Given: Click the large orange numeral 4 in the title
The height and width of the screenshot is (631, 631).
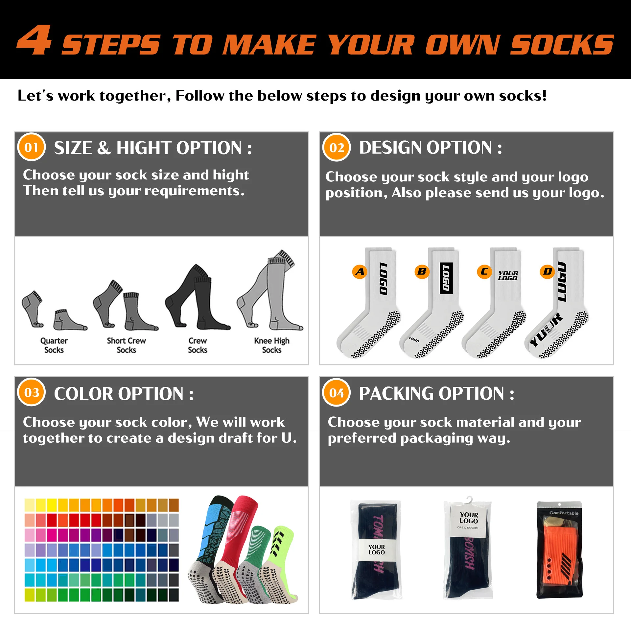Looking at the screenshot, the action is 35,40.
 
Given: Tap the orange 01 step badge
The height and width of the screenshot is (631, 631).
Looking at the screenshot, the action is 32,147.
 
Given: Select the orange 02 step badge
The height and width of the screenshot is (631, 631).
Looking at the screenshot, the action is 337,148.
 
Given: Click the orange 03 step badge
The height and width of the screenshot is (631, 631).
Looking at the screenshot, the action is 32,392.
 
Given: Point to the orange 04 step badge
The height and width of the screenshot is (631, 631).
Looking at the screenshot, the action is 337,393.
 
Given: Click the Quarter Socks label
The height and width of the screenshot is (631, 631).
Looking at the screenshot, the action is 54,345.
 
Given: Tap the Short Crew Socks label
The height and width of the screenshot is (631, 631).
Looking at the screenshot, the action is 126,345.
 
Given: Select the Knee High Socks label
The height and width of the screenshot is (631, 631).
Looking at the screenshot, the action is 272,345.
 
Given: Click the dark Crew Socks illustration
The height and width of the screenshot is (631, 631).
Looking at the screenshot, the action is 197,297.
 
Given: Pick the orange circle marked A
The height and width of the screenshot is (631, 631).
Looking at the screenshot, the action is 360,272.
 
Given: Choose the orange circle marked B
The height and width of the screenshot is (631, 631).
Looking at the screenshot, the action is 422,272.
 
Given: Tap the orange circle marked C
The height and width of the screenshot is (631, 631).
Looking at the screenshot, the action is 484,272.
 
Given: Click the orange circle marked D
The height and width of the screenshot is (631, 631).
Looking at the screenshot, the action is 548,272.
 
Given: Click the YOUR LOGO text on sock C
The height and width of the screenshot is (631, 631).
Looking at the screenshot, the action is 508,275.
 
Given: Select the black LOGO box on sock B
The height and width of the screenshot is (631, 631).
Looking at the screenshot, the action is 446,278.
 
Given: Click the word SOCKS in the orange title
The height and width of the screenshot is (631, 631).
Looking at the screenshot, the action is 562,45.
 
